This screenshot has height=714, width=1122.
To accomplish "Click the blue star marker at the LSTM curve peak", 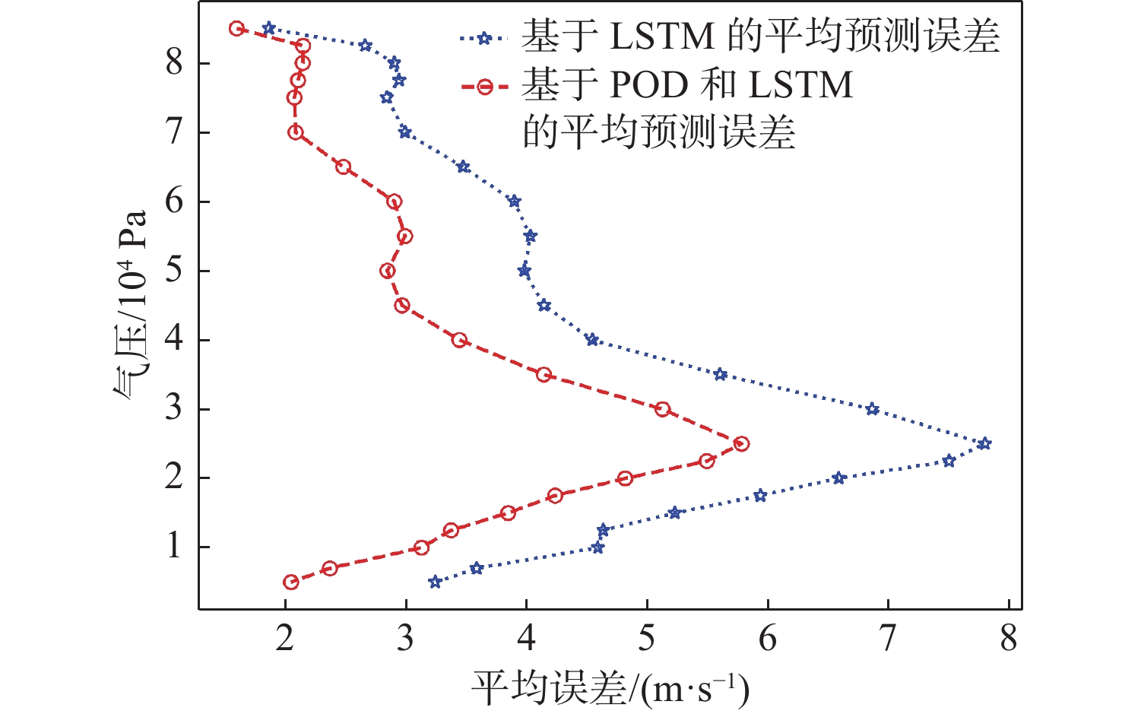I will click(984, 443).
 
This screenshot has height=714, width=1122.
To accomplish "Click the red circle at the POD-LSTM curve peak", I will click(741, 443).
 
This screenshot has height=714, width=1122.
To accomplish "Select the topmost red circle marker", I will click(236, 29).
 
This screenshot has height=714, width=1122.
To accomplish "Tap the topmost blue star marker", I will click(268, 28).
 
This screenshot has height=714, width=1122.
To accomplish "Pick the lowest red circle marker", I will click(291, 582).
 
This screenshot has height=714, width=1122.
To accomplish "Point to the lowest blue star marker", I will click(435, 582).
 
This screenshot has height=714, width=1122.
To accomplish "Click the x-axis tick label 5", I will click(647, 639).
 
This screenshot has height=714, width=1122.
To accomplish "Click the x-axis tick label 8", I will click(1008, 639).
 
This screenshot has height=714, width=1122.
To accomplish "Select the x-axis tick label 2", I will click(285, 639).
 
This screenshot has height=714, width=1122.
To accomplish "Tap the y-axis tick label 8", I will click(175, 62).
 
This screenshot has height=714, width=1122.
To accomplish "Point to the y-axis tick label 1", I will click(175, 547).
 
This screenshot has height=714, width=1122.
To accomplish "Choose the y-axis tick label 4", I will click(175, 339).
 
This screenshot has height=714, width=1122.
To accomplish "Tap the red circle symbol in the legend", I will click(483, 86).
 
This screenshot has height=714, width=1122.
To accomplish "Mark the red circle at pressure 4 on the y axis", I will click(459, 340).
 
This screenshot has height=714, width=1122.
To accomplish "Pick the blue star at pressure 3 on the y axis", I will click(872, 409).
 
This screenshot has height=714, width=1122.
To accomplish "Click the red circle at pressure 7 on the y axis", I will click(296, 132).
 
